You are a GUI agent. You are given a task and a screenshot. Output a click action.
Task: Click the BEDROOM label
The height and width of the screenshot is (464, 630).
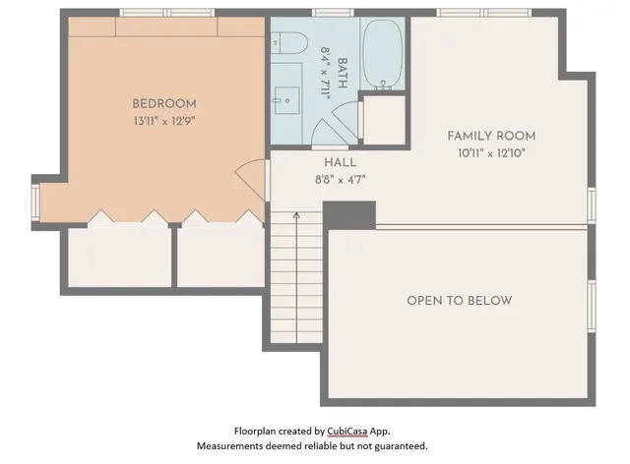coord(164,103)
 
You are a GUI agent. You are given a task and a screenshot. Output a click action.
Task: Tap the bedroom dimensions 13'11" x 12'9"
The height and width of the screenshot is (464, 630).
coord(164,123)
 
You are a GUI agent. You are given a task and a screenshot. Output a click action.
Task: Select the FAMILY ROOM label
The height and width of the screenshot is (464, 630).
coord(491,136)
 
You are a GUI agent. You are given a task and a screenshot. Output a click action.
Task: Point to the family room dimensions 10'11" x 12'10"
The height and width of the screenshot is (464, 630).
coord(491,154)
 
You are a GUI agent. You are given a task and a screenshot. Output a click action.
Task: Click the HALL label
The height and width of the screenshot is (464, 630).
coord(340,162)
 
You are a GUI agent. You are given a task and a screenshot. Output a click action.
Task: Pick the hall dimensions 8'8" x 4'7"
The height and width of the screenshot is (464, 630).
coord(340,180)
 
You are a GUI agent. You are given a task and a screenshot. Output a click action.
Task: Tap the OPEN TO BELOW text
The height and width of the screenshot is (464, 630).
coord(460,300)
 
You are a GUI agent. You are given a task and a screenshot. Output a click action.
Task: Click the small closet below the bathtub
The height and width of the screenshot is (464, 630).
coord(384,119)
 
